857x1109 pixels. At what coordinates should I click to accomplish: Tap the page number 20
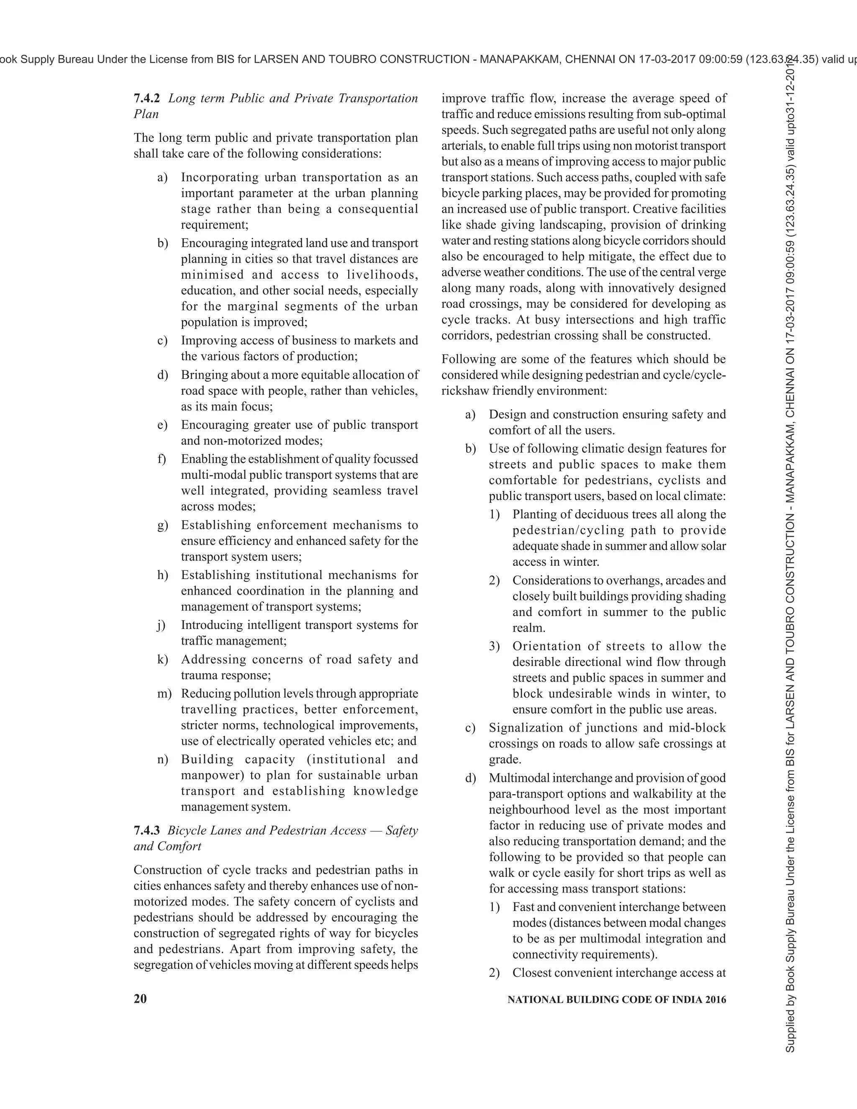coord(140,999)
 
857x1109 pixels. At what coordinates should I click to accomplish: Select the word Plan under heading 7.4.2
coord(146,114)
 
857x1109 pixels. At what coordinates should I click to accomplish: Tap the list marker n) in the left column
coord(162,759)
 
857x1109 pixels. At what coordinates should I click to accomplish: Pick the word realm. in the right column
coord(529,628)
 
